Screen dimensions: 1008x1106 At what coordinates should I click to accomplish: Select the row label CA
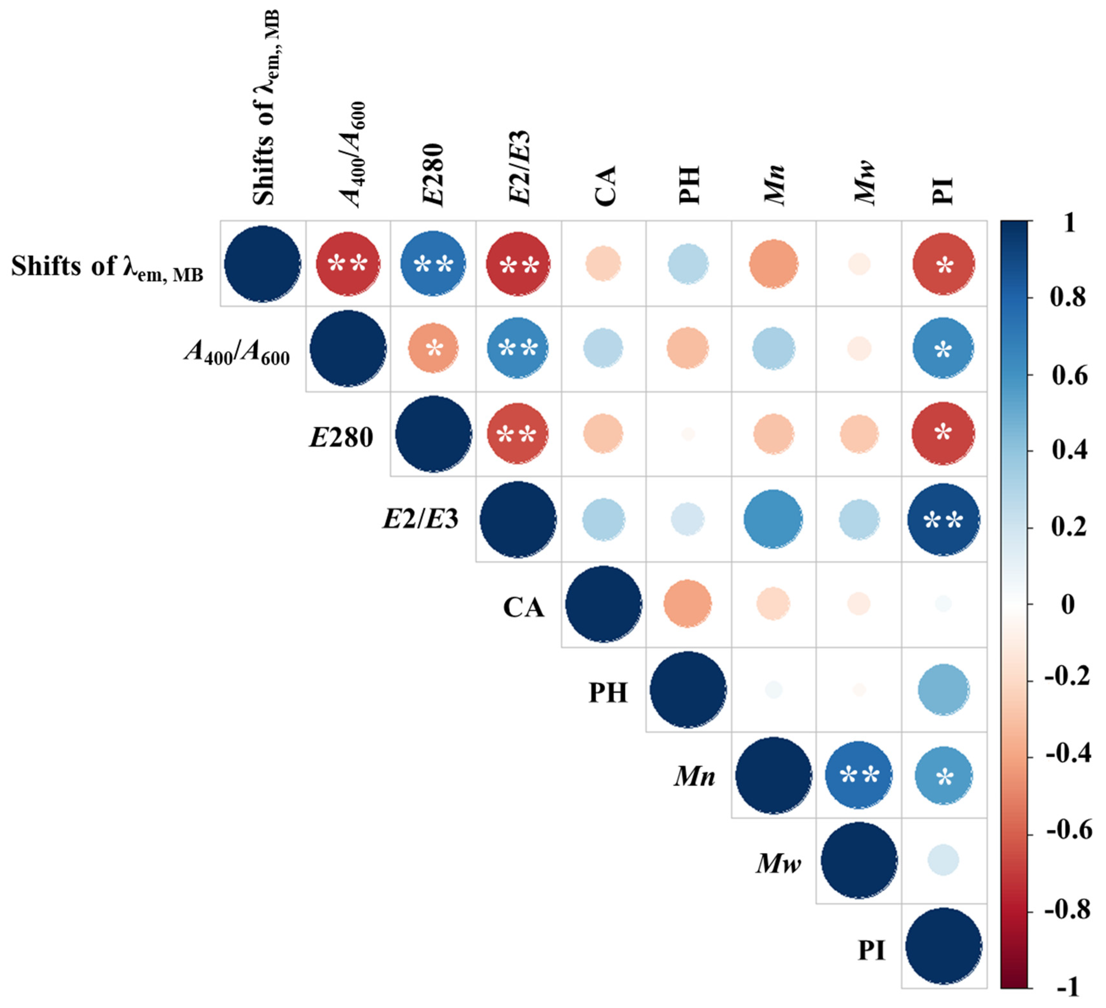523,608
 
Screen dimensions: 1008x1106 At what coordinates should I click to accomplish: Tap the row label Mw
778,863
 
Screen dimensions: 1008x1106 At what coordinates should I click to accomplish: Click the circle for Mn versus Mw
859,775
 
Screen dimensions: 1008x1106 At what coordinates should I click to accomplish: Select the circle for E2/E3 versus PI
943,519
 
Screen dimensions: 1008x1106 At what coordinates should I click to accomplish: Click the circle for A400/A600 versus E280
434,348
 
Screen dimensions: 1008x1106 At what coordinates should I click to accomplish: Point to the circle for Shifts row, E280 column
434,264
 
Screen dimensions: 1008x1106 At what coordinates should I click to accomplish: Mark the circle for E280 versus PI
943,434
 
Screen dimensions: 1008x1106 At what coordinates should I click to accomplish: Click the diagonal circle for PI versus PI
943,946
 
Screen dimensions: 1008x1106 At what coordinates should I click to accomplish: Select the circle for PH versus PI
943,690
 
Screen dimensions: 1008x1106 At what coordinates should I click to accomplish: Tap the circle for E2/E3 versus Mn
773,519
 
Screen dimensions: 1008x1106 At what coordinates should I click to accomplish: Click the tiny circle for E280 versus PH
687,434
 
